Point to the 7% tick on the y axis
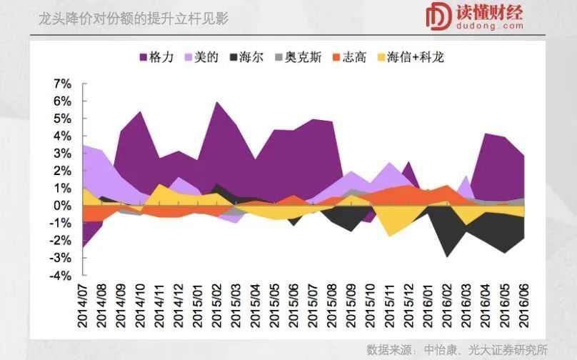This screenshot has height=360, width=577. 62,84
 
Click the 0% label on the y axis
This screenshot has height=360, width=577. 62,206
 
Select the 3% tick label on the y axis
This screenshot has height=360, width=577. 62,154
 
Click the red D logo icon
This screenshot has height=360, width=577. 436,17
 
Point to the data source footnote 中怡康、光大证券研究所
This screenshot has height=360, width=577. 486,349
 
